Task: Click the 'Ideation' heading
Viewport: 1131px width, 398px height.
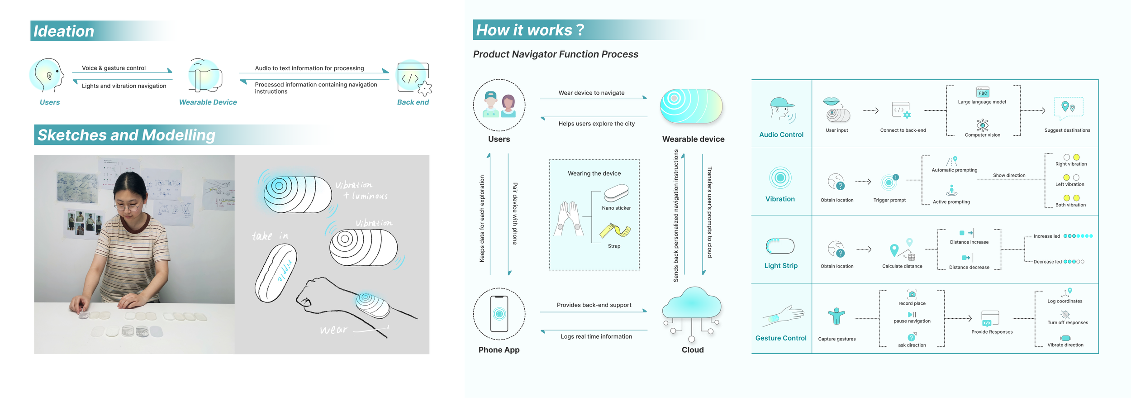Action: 64,31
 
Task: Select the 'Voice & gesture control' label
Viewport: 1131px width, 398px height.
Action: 114,68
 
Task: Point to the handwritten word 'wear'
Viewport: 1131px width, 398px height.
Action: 334,330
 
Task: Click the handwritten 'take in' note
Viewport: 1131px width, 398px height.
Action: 270,236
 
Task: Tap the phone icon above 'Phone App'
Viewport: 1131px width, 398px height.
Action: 499,314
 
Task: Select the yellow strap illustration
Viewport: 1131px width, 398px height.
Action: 615,230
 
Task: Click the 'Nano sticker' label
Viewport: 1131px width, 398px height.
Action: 616,208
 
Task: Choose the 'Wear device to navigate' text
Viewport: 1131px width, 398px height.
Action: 591,93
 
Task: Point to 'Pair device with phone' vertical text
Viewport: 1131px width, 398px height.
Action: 515,214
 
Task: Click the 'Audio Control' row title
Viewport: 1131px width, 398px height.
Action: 781,134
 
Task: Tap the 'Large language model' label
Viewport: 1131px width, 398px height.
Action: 982,102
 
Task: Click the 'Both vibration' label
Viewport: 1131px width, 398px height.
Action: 1070,205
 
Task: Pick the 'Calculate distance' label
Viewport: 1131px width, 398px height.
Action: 902,266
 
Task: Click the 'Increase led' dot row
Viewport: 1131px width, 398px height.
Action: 1078,236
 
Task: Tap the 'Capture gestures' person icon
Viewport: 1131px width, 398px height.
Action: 836,316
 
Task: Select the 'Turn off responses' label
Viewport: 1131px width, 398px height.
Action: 1068,323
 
